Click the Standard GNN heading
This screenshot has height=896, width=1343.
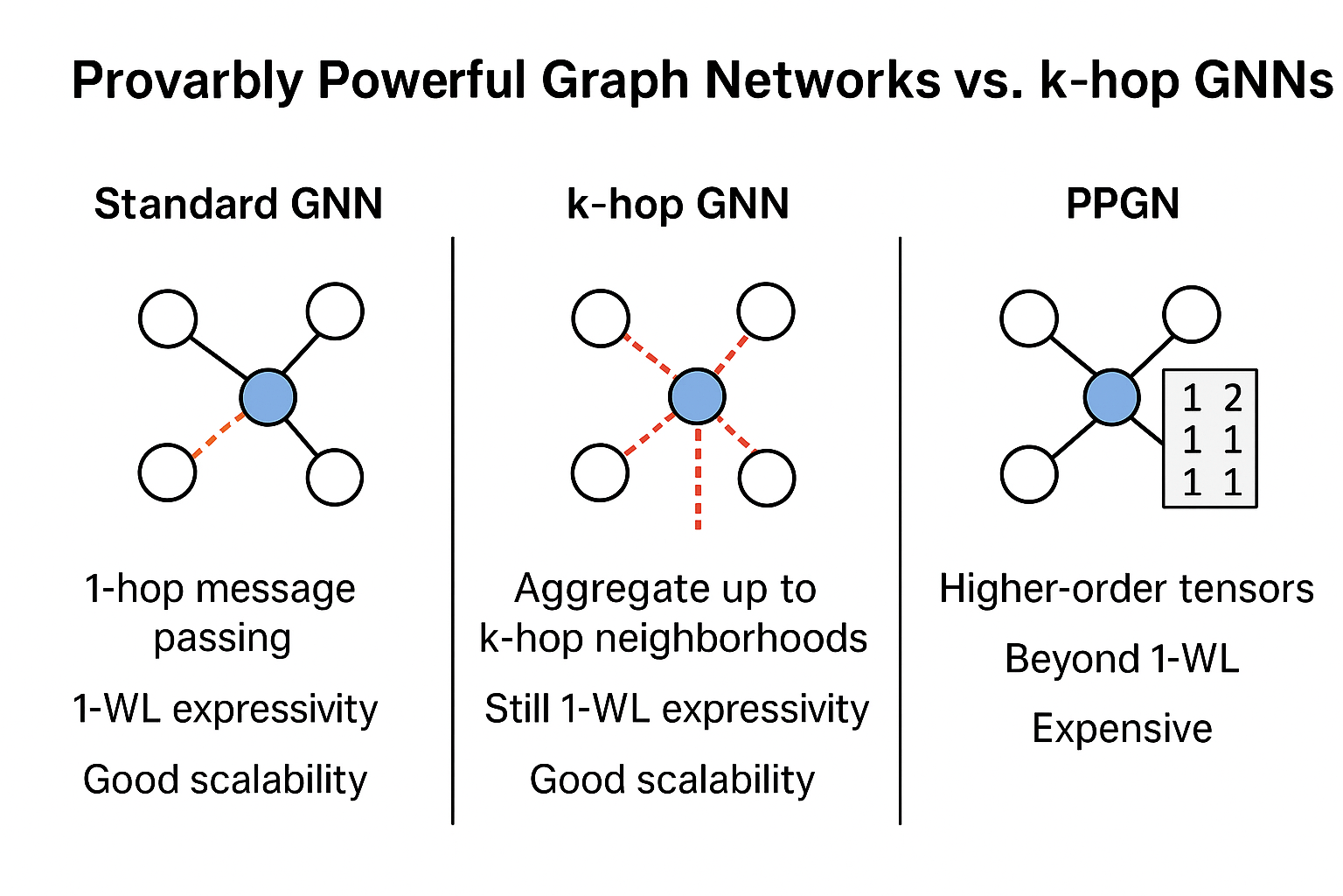238,205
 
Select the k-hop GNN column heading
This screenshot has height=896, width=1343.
678,205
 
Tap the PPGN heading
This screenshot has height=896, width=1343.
1123,205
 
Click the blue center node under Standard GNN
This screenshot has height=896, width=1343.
268,397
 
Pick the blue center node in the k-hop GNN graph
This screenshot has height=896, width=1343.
697,397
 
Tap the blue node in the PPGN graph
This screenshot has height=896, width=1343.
1111,397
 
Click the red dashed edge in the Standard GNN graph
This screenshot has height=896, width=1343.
219,435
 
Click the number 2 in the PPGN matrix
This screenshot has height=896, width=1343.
1233,399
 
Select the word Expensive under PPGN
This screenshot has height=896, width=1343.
1122,729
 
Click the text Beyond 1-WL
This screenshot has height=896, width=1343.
1122,659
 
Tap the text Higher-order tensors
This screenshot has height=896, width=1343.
1126,589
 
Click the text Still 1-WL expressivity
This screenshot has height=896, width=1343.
677,709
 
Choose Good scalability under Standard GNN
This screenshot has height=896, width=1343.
226,780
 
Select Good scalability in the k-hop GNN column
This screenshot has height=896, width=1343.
672,780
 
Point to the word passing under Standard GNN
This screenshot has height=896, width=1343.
222,639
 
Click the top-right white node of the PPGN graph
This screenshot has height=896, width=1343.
1191,314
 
